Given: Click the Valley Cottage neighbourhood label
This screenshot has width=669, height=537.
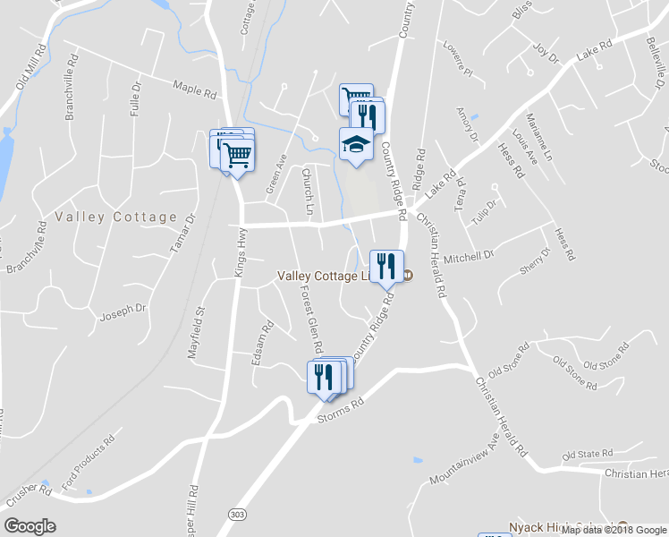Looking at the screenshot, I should click(116, 217).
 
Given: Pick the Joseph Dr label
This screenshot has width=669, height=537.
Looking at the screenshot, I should click(123, 311).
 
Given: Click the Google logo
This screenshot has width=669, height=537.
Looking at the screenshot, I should click(30, 526).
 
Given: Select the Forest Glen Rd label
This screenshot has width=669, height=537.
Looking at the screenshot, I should click(310, 320).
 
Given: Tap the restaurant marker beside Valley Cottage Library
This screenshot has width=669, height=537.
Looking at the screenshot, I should click(386, 267).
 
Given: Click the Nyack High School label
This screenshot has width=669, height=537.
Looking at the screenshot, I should click(563, 527).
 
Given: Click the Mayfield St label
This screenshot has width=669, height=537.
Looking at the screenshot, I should click(196, 334).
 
